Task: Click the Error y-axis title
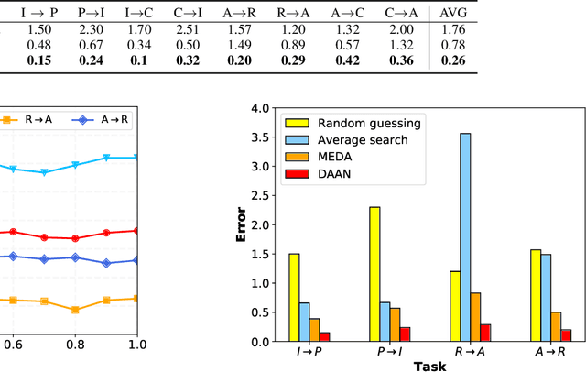click(242, 225)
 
